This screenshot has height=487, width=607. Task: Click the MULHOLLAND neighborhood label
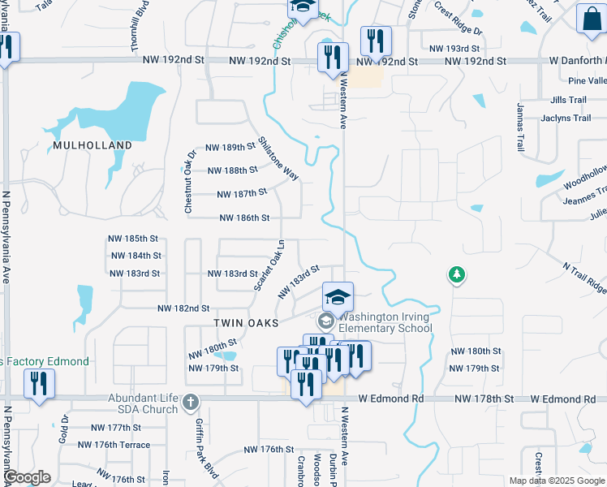coord(92,145)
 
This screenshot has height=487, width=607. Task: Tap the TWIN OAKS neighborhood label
coord(246,322)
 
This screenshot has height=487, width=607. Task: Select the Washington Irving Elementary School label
coord(385,323)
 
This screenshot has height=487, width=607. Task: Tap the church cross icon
coord(190,402)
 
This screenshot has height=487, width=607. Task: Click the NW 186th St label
coord(244,218)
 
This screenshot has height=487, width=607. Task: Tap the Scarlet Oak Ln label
coord(268,265)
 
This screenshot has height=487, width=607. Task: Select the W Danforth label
coord(576,61)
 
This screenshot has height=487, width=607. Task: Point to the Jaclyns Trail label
coord(566,118)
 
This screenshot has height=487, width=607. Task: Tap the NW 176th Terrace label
coord(114,445)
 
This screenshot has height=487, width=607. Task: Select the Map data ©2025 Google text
coord(556,481)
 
